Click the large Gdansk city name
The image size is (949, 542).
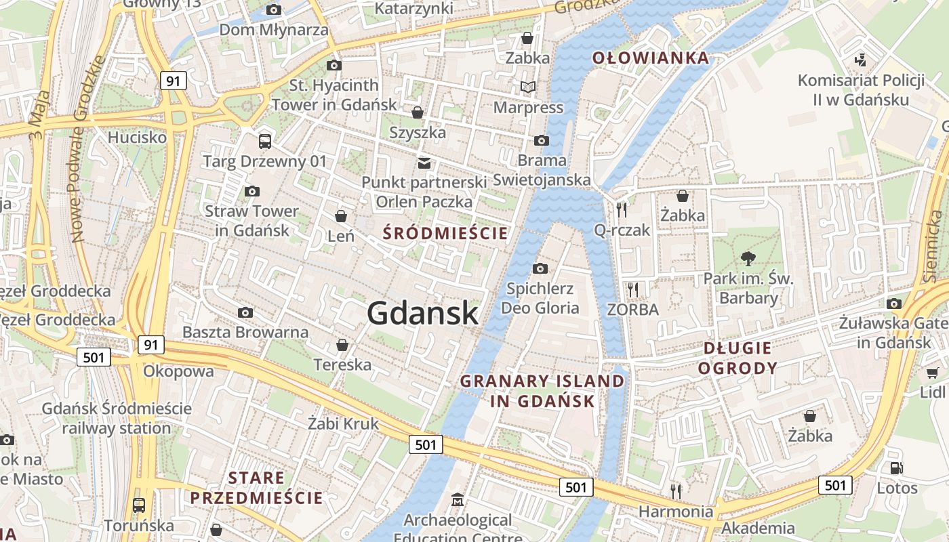coord(423,313)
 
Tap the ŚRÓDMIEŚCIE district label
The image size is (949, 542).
coord(445,234)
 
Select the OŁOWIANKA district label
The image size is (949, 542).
coord(651,58)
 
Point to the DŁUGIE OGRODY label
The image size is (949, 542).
coord(738,358)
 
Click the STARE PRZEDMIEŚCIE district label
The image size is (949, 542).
coord(256,488)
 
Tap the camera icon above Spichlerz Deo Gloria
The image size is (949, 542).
coord(540,269)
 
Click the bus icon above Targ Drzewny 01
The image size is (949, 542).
coord(265,142)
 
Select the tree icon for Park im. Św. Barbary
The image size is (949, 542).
coord(748,258)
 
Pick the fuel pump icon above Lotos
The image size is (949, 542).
coord(896,467)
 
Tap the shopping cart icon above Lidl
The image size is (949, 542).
coord(933,372)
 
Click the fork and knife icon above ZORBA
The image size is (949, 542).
coord(632,290)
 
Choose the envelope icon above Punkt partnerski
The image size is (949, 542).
coord(424,163)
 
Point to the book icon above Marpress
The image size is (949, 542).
coord(528,87)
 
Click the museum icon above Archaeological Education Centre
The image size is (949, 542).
coord(458,500)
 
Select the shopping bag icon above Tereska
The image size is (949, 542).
coord(342,345)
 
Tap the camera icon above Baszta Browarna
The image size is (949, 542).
coord(245,312)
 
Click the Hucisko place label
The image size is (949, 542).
coord(137,138)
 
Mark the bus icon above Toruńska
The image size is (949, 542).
coord(139,505)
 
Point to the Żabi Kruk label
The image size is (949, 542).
coord(343,424)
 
